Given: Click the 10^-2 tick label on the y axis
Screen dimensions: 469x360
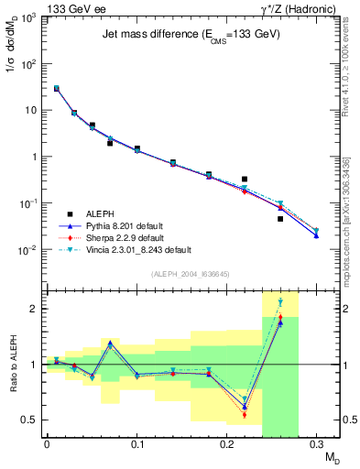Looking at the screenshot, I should (29, 250).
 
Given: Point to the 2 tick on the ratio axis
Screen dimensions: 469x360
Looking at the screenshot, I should (36, 309).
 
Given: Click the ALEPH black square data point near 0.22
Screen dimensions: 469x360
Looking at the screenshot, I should (245, 179).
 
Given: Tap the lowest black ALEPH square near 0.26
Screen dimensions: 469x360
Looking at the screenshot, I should (280, 218).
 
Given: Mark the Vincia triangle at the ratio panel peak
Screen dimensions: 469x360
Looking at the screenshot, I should (280, 301).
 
